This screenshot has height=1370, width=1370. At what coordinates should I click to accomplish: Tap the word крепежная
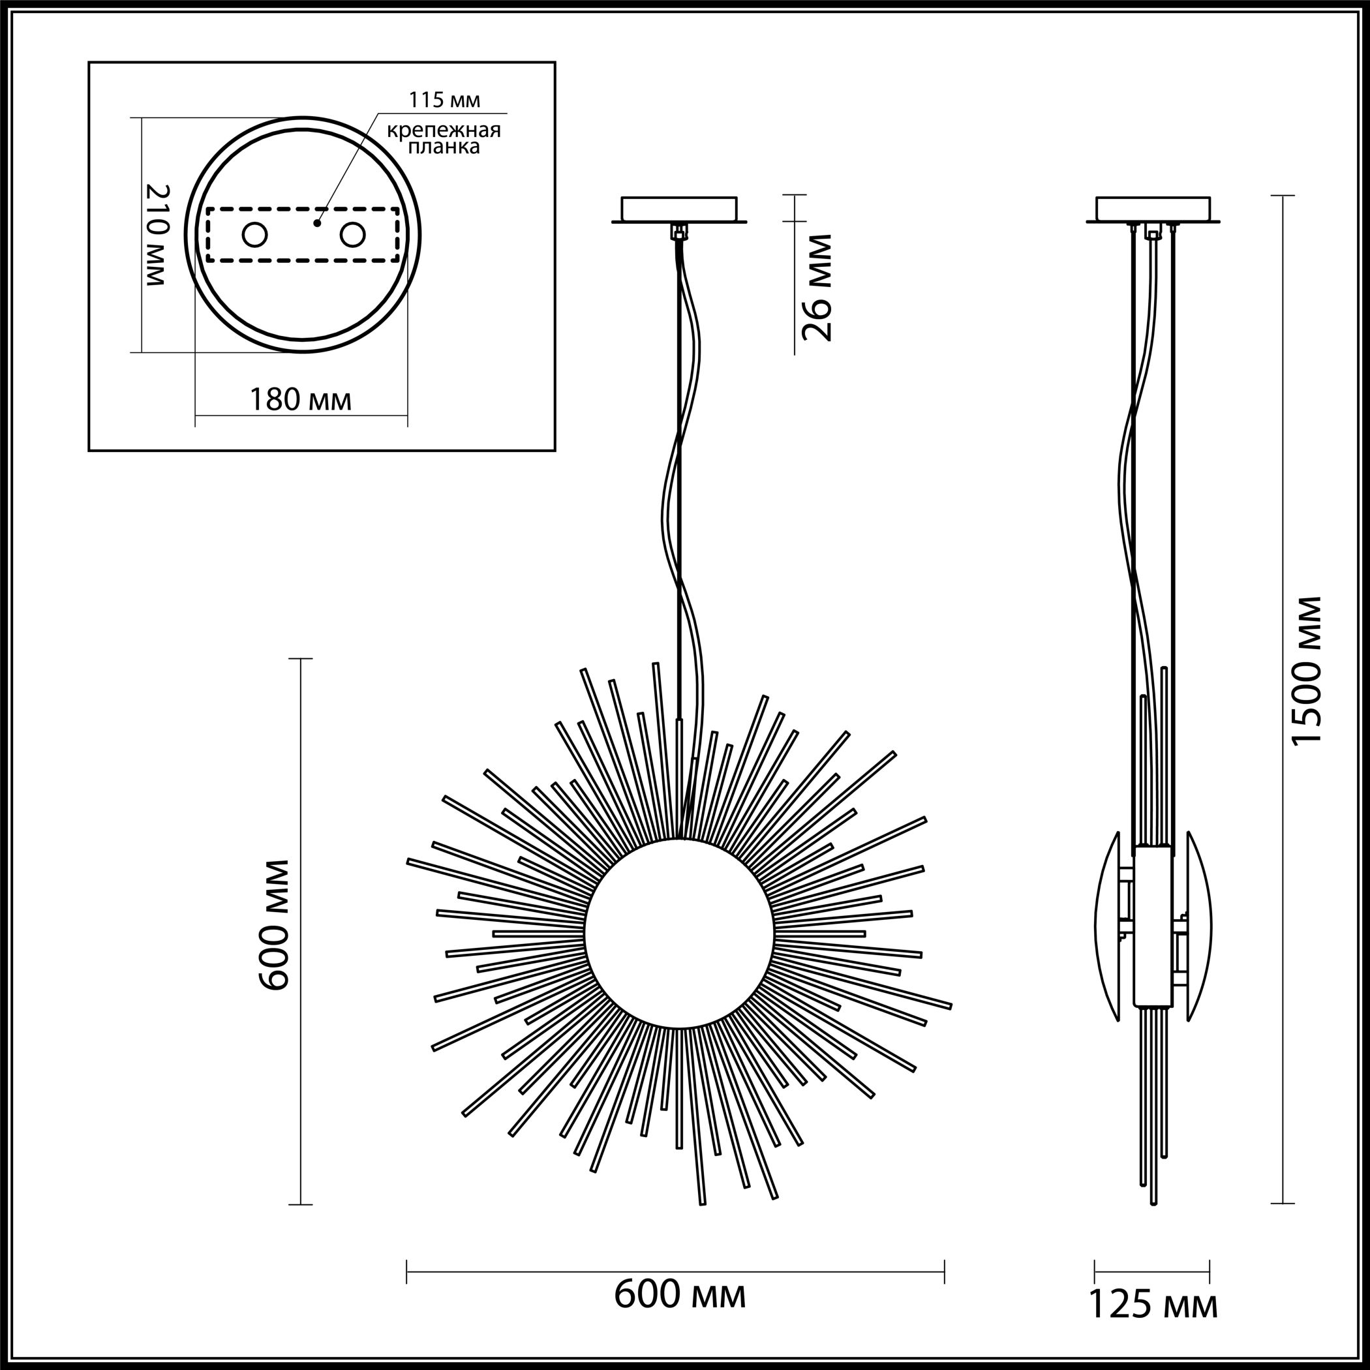coord(444,130)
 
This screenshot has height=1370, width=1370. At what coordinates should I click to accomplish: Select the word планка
coord(444,147)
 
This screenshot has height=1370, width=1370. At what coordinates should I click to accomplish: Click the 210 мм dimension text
coord(157,235)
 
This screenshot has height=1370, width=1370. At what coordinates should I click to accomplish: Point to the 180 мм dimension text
coord(300,400)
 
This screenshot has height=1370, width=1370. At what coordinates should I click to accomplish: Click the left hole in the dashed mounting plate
coord(254,235)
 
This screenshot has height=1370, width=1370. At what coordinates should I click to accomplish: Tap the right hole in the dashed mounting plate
coord(352,235)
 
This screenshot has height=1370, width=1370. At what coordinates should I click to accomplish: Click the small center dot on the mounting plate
coord(317,223)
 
